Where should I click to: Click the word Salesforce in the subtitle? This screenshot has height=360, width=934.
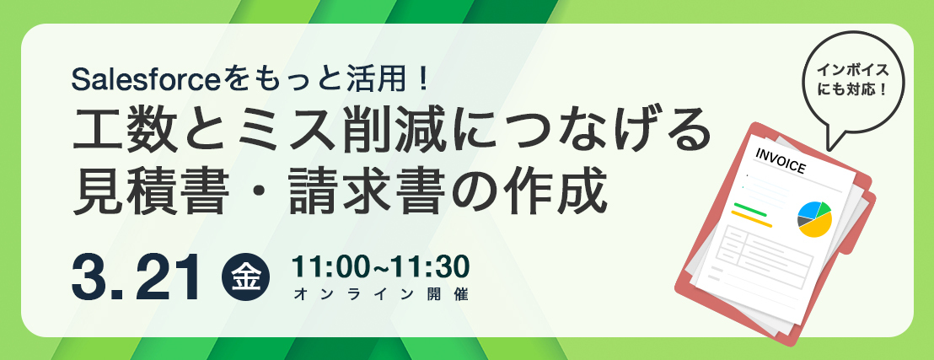(x=147, y=80)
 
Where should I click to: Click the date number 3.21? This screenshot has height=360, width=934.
(x=135, y=278)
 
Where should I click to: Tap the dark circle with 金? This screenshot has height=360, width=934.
(x=245, y=278)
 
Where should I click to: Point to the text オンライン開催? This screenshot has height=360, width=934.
(x=381, y=294)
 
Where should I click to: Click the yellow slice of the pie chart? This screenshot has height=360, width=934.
(x=818, y=224)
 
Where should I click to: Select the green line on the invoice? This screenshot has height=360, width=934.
(x=750, y=209)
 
